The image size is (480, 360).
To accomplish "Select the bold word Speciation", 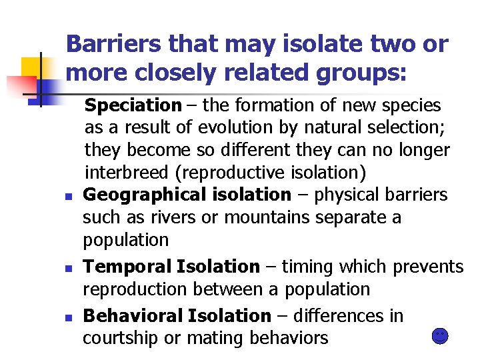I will (x=133, y=105).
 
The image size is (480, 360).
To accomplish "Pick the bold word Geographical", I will (x=137, y=195).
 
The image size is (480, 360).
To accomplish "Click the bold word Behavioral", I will (x=132, y=315).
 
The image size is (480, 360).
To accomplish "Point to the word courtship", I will (x=120, y=338).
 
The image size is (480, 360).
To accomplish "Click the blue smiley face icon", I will (x=440, y=336).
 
